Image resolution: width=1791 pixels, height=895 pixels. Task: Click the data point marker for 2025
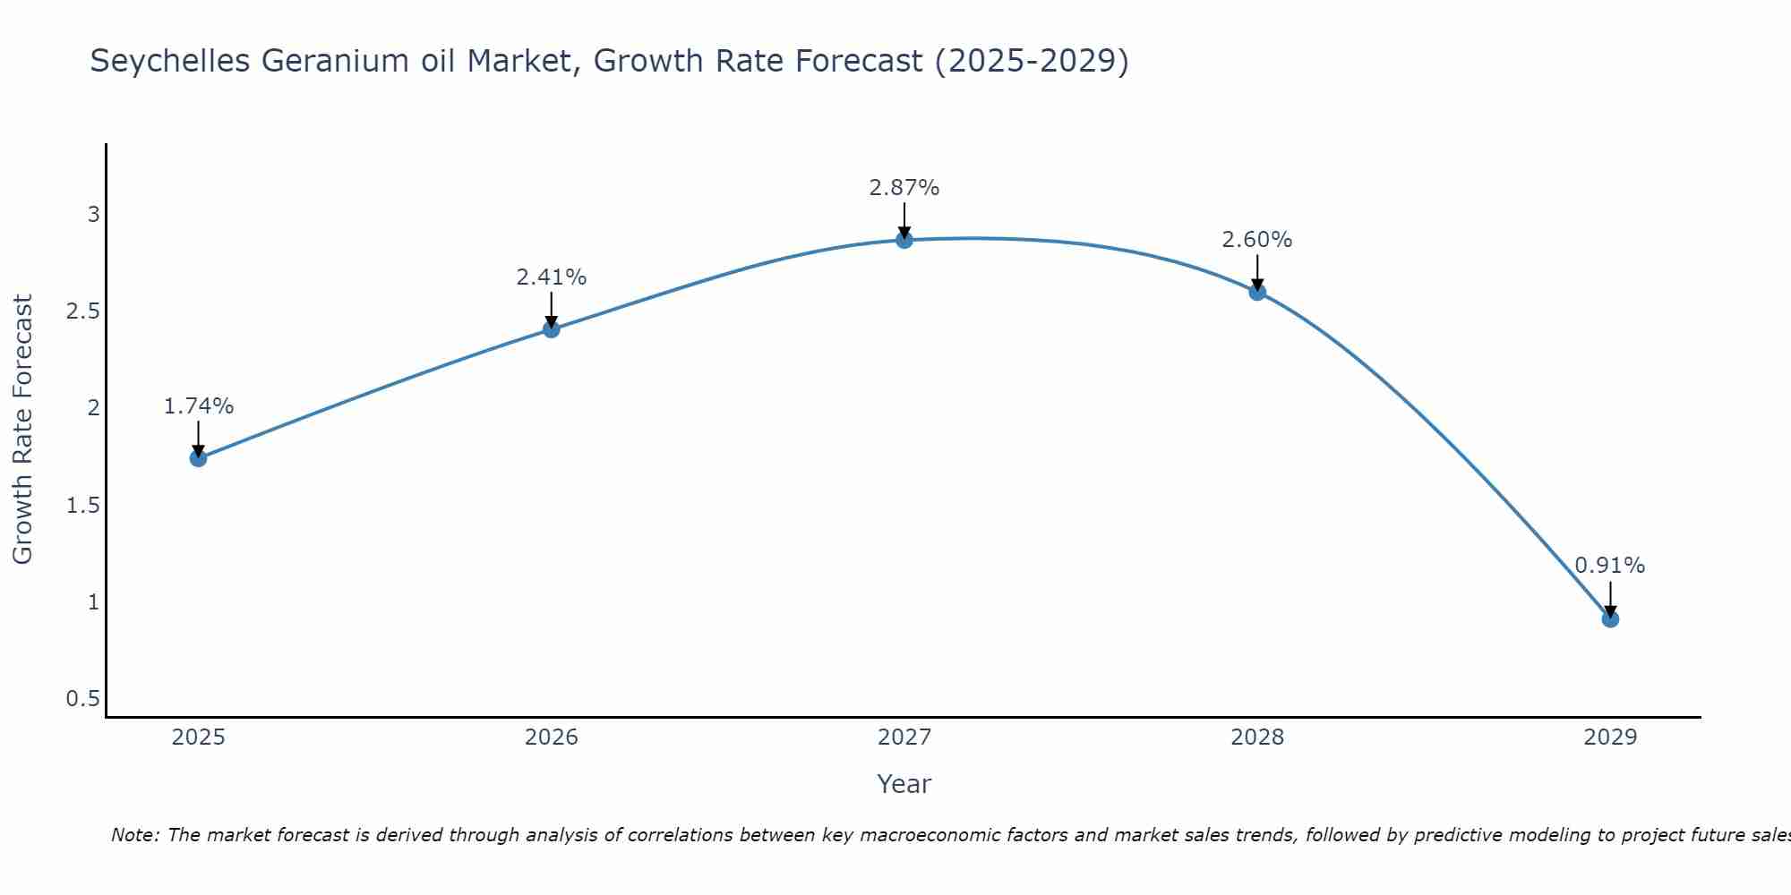198,458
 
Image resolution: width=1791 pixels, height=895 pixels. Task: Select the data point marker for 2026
551,329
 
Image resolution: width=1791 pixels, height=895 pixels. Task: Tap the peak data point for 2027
904,240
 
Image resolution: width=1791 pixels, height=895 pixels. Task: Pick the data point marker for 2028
1257,292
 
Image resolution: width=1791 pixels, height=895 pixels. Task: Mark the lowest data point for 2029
1610,618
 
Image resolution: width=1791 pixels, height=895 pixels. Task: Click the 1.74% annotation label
198,406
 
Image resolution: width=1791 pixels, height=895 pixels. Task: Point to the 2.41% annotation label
551,277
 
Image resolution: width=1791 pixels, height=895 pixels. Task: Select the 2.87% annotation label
904,188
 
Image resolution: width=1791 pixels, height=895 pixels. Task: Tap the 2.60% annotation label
1257,240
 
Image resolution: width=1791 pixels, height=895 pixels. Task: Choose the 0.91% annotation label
1610,566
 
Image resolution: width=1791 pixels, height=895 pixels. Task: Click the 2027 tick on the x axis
904,737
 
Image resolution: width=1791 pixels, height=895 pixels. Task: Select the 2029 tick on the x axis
1610,737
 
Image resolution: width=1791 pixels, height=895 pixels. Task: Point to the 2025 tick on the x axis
198,737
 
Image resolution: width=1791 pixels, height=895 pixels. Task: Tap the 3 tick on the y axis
93,215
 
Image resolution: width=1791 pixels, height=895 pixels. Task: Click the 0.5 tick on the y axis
82,698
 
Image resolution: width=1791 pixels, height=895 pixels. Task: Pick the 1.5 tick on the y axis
82,506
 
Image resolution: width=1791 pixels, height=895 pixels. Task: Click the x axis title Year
904,784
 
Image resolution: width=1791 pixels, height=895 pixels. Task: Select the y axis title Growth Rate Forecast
22,430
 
